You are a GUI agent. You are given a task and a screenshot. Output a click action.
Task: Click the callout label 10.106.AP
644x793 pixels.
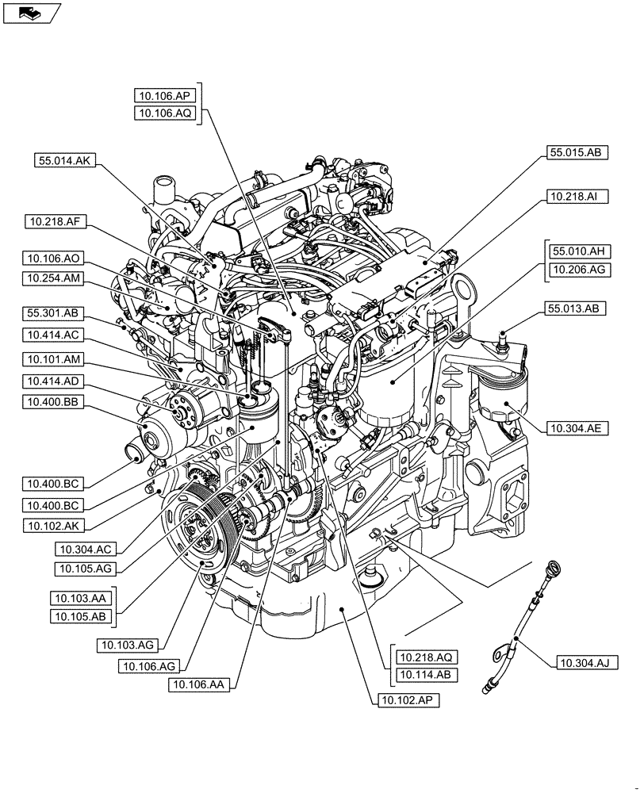pyautogui.click(x=165, y=95)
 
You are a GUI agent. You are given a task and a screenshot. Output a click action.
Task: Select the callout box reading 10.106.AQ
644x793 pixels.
pyautogui.click(x=165, y=113)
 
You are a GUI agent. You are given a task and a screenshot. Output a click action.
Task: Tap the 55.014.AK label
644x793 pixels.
pyautogui.click(x=65, y=159)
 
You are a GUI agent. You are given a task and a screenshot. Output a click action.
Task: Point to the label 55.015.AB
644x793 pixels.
pyautogui.click(x=577, y=152)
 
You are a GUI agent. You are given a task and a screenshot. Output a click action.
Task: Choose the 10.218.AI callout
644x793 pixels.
pyautogui.click(x=577, y=195)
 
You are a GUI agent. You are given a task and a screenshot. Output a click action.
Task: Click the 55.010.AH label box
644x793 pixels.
pyautogui.click(x=577, y=251)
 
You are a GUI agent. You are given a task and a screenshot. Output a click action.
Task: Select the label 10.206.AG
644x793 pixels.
pyautogui.click(x=577, y=270)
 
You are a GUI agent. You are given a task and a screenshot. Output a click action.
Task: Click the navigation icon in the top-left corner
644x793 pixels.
pyautogui.click(x=31, y=12)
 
